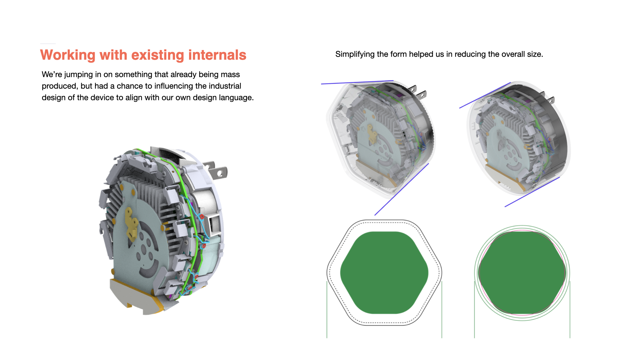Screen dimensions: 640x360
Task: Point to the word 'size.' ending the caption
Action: [535, 54]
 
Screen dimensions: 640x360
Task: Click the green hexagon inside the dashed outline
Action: [384, 273]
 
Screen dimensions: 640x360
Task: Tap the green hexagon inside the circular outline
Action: [522, 273]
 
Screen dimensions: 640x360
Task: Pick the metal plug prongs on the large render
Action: [216, 170]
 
